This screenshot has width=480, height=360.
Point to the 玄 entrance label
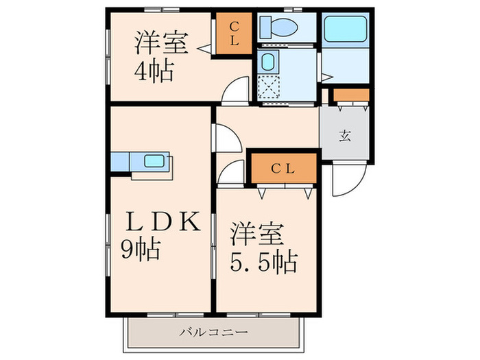345,134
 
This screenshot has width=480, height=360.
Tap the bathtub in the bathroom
346,30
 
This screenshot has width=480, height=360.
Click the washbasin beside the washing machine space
269,61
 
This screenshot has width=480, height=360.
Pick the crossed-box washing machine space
270,88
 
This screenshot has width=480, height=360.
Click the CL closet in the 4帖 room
233,34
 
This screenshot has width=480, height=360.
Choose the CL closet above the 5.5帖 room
283,169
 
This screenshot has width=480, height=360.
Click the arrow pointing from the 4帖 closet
204,48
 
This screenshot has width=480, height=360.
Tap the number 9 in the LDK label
130,248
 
